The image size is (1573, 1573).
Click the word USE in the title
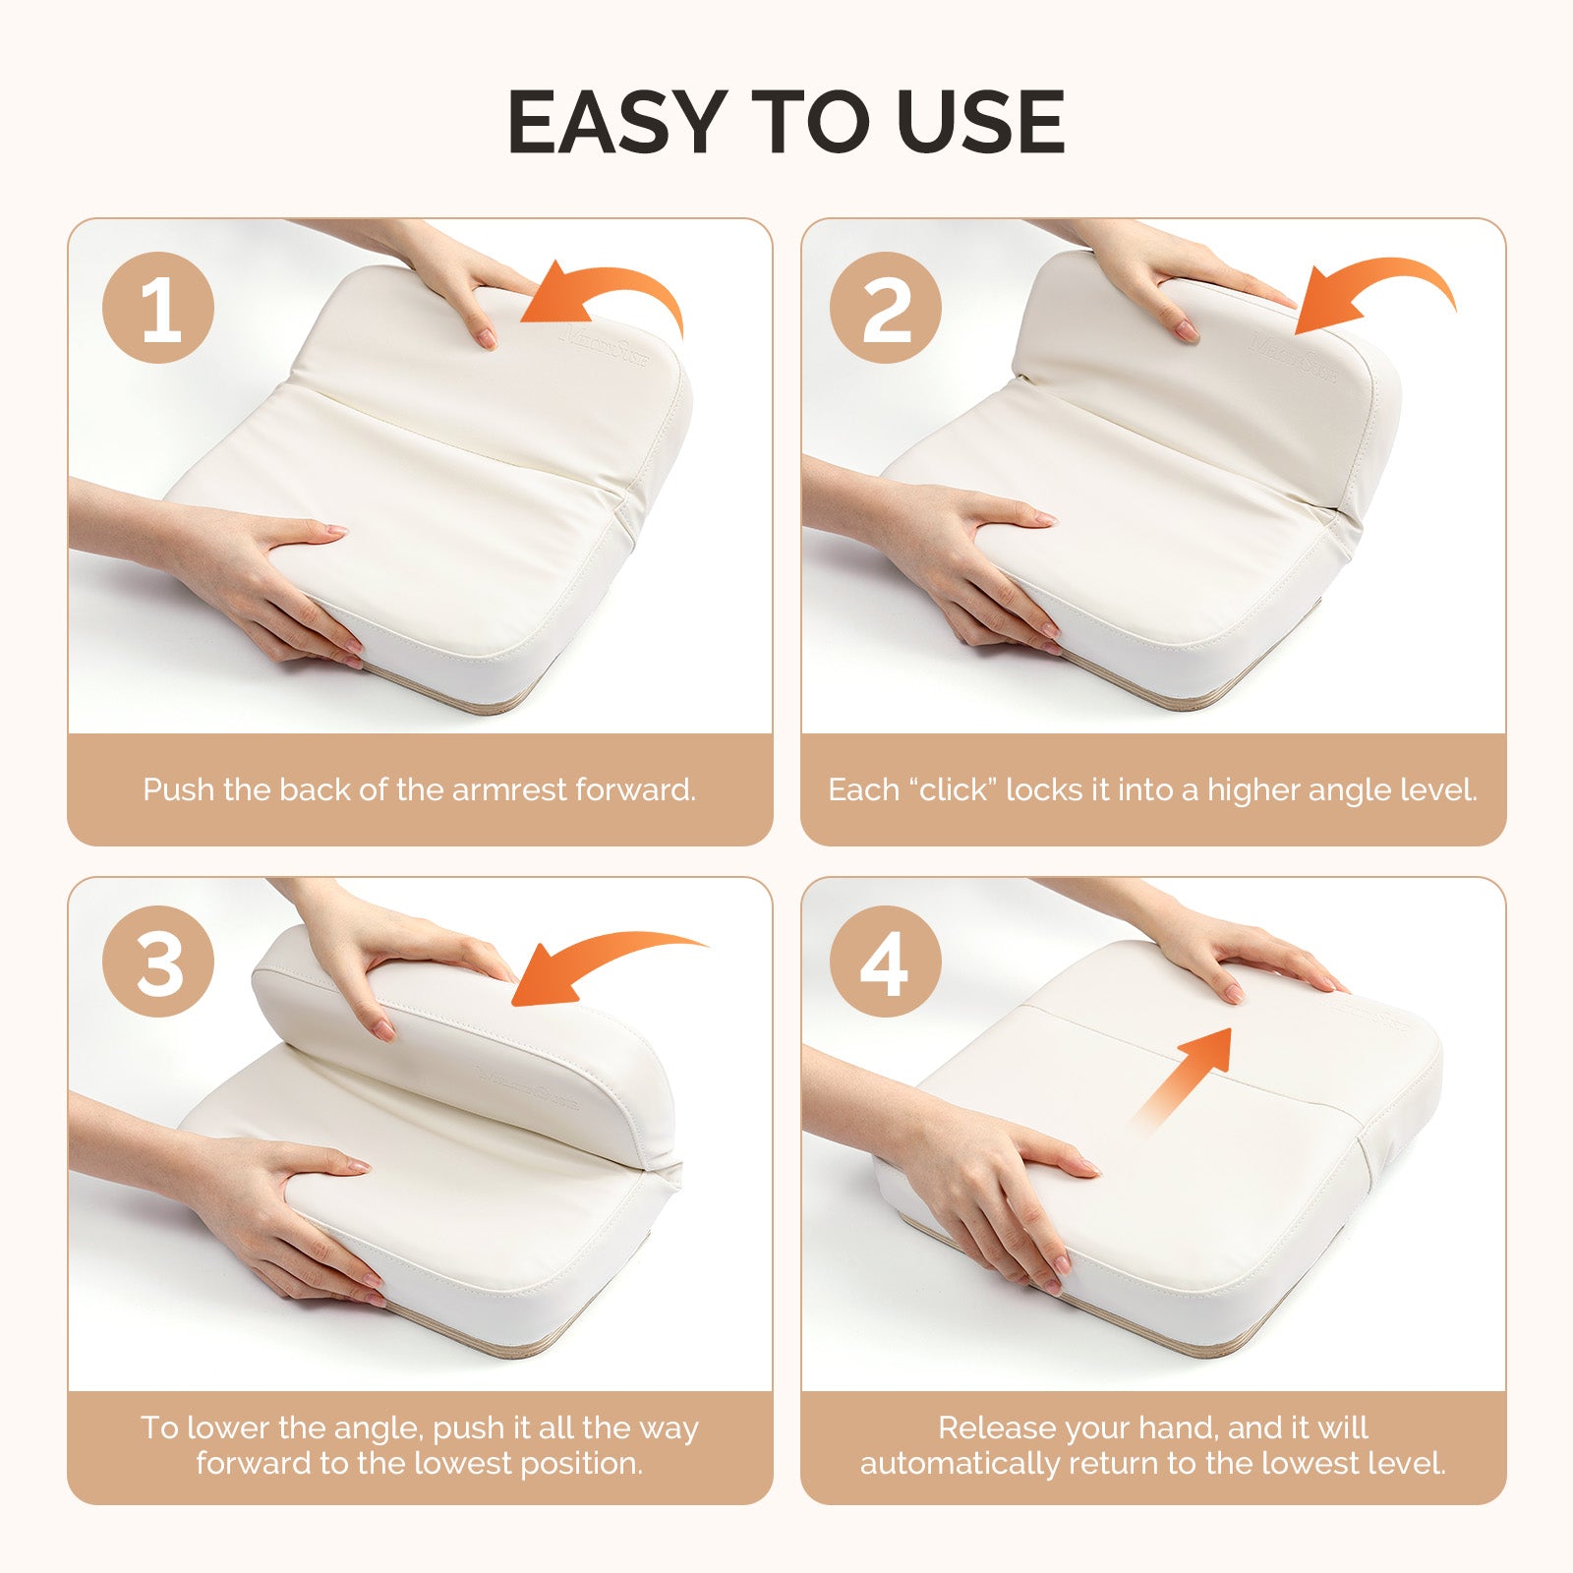[x=980, y=122]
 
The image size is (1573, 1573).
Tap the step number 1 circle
[x=158, y=308]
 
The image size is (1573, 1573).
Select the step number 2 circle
[x=886, y=308]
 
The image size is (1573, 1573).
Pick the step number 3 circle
[x=158, y=961]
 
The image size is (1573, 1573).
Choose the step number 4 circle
[x=886, y=961]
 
